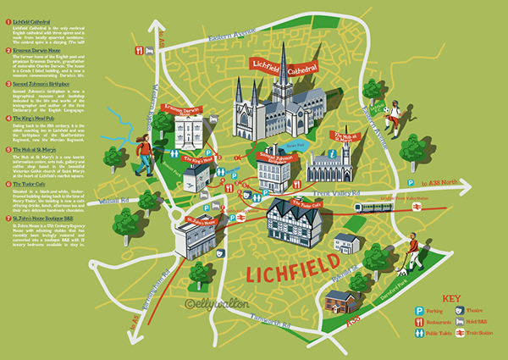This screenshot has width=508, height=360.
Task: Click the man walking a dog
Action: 412,252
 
